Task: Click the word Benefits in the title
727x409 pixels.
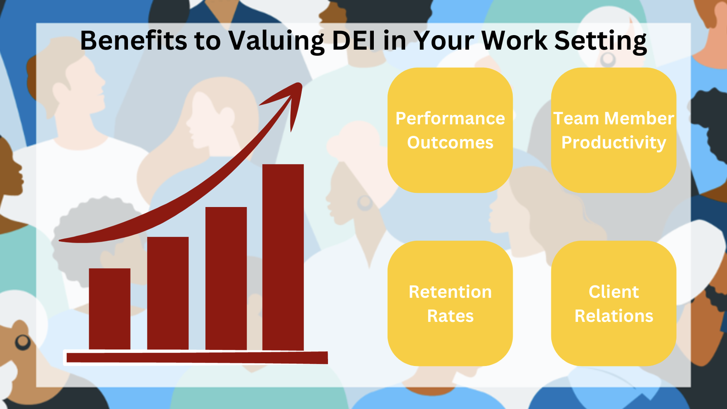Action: click(x=133, y=40)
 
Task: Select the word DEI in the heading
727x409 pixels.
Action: click(x=354, y=40)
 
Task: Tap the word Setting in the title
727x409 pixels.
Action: click(x=600, y=41)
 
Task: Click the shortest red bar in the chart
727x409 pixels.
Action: click(x=110, y=309)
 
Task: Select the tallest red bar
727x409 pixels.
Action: click(x=283, y=257)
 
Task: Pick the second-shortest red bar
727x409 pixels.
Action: click(x=168, y=293)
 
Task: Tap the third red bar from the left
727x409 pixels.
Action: click(x=226, y=278)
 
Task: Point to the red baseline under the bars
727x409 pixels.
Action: click(x=197, y=358)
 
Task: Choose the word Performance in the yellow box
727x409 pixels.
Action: click(x=450, y=119)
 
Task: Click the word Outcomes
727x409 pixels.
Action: click(x=450, y=143)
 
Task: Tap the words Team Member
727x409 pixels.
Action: click(x=614, y=119)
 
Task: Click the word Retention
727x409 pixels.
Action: click(x=450, y=292)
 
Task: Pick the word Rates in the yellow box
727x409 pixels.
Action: click(x=450, y=316)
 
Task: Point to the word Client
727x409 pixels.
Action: click(x=614, y=292)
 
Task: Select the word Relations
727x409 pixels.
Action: click(x=614, y=316)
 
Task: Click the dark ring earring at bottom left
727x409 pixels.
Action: click(x=23, y=342)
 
